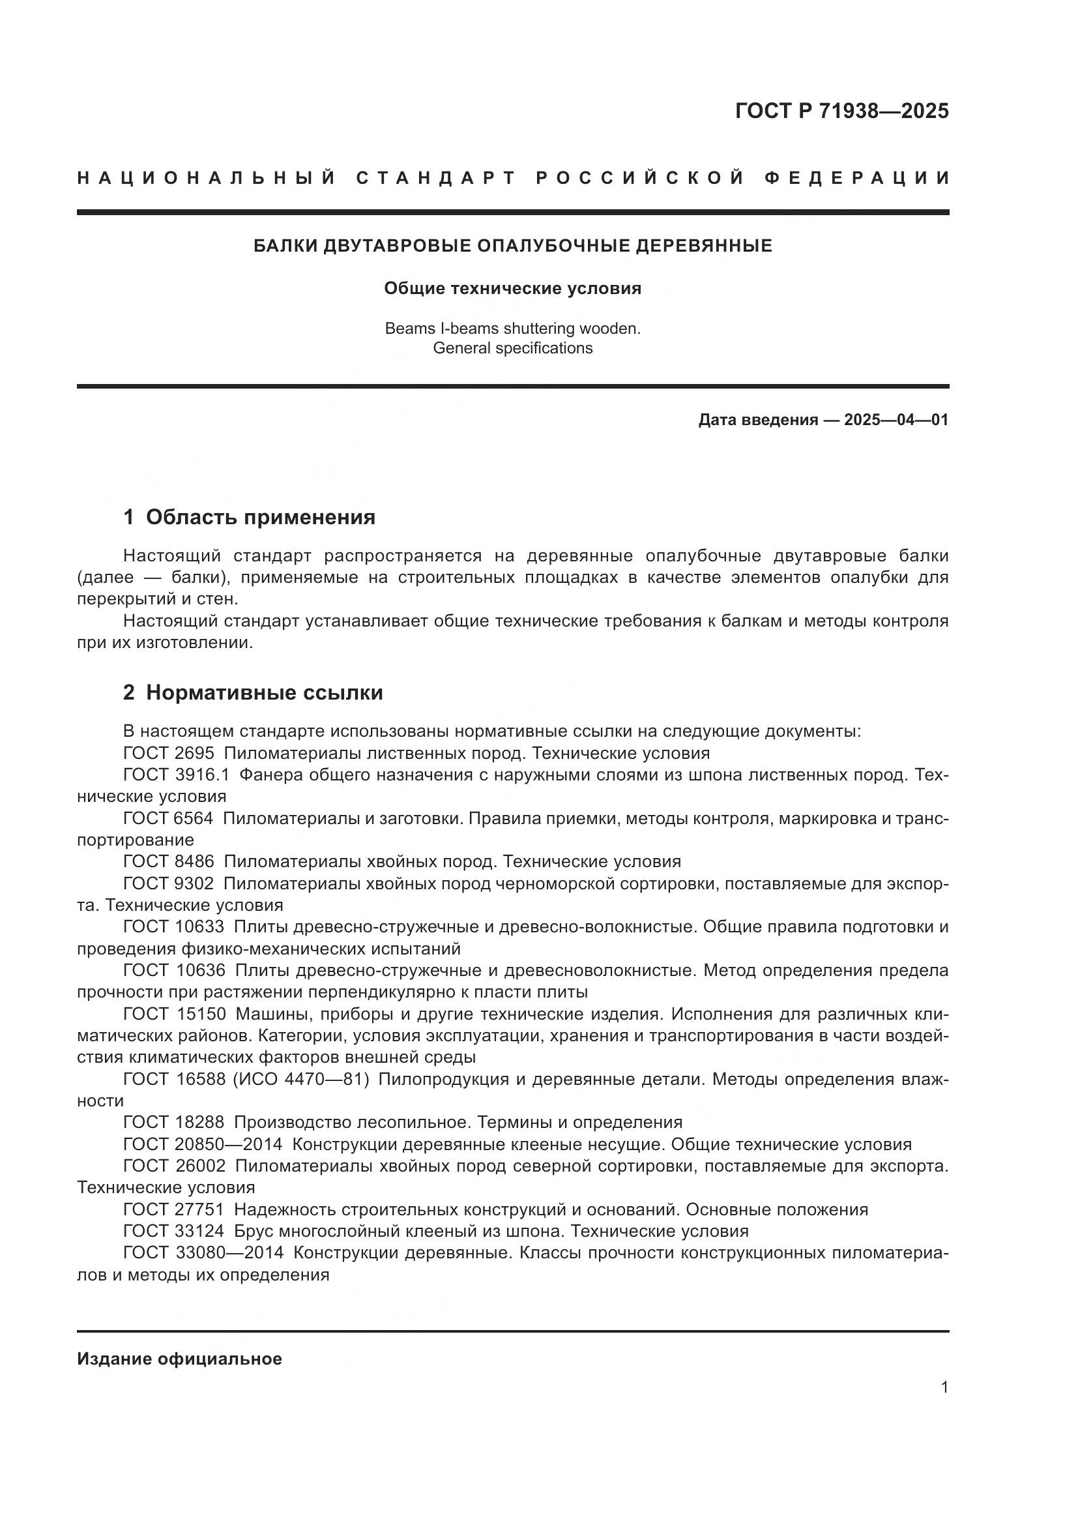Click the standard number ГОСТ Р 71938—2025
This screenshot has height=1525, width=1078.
tap(841, 111)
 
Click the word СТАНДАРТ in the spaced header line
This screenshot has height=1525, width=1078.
tap(436, 178)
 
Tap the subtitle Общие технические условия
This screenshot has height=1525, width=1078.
tap(512, 288)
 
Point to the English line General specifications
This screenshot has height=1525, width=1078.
tap(512, 348)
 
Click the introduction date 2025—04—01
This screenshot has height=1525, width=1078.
tap(896, 420)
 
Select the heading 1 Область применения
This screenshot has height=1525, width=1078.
tap(249, 517)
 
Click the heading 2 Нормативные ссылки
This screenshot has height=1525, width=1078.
tap(253, 693)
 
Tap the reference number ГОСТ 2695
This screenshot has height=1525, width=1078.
tap(169, 753)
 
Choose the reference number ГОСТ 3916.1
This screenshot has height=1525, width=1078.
tap(176, 775)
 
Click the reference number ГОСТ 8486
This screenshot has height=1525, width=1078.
tap(169, 861)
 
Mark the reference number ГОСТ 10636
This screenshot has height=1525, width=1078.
tap(174, 970)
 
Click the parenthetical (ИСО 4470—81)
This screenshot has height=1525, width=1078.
tap(300, 1079)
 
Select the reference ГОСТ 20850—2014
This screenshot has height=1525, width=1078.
tap(203, 1144)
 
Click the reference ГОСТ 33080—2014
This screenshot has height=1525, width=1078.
tap(203, 1252)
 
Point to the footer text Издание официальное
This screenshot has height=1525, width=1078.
tap(179, 1359)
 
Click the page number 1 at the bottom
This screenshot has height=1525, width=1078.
tap(944, 1387)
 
